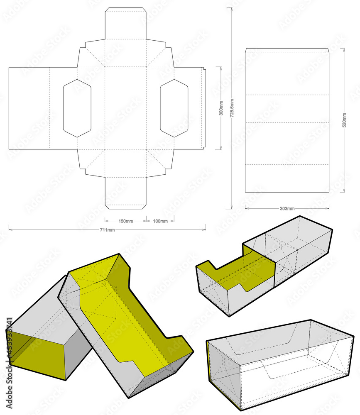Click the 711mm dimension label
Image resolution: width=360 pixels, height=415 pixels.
pos(107,230)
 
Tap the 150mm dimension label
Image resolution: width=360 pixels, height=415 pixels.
pos(126,221)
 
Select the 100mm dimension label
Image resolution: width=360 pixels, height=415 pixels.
pos(160,221)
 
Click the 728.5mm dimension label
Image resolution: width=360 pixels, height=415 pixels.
pos(231,109)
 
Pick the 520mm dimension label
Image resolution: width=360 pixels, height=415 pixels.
pos(344,120)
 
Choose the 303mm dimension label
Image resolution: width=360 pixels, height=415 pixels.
pos(287,208)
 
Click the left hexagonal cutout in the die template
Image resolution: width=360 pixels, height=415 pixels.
pos(77,108)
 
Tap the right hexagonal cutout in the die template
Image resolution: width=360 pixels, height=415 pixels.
pos(174,108)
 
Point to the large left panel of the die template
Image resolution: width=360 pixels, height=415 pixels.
pos(29,108)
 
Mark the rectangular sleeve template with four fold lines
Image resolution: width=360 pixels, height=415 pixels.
pos(287,120)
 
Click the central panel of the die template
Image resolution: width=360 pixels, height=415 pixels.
pos(125,108)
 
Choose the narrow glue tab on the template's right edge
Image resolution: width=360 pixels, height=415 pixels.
pos(204,108)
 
